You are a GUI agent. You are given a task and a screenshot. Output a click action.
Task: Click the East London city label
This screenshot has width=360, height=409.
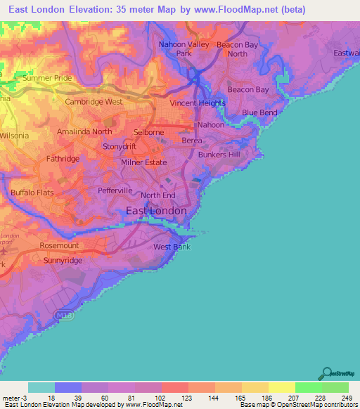click(156, 211)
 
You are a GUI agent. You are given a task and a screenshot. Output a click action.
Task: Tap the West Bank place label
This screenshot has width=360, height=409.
click(172, 247)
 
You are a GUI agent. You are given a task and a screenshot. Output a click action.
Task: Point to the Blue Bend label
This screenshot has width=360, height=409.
click(259, 112)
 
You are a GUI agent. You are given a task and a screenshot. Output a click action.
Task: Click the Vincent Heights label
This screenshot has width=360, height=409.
click(198, 103)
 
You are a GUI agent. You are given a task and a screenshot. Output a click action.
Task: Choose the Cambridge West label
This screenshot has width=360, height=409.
click(94, 102)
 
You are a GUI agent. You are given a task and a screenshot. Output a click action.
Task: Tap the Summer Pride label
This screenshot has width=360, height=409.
click(47, 78)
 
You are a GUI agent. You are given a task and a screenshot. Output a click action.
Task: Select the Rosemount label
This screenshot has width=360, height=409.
click(59, 246)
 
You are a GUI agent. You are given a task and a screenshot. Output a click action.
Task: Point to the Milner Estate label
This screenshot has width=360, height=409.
click(144, 162)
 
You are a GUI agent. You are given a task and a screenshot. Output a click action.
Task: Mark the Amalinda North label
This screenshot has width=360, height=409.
click(84, 131)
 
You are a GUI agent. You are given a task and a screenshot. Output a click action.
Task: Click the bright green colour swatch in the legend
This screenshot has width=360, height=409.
click(308, 387)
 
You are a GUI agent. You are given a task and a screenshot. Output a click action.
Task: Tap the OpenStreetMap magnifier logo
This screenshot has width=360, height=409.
click(326, 374)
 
